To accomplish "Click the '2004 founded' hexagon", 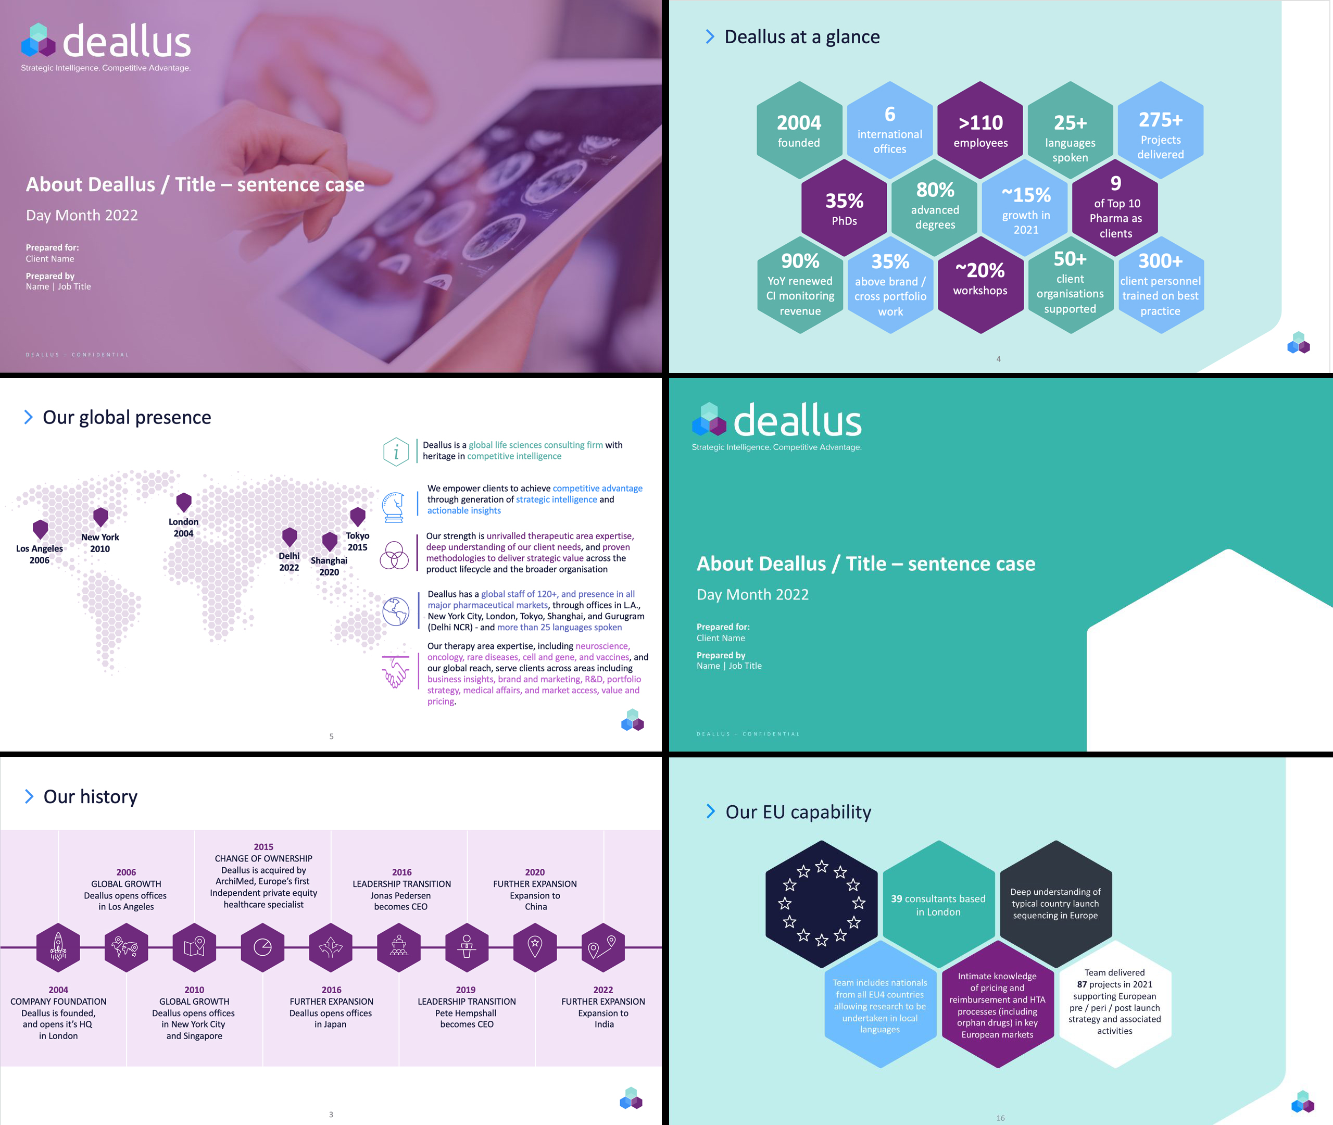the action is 799,130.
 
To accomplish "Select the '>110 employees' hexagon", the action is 980,130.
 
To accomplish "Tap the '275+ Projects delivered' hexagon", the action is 1160,130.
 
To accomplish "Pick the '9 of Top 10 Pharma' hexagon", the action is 1115,208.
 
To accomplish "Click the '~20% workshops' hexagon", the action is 980,285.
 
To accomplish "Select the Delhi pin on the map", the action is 290,537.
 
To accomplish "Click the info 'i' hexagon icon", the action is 396,452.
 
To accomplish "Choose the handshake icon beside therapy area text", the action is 396,672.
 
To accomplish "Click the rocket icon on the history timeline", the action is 58,947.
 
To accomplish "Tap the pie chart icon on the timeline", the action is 262,947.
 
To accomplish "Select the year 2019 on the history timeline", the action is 466,990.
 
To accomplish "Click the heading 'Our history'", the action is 91,796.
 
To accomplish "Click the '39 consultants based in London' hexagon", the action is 938,904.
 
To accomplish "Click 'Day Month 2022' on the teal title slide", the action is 752,594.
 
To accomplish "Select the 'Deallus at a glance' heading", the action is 802,37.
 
